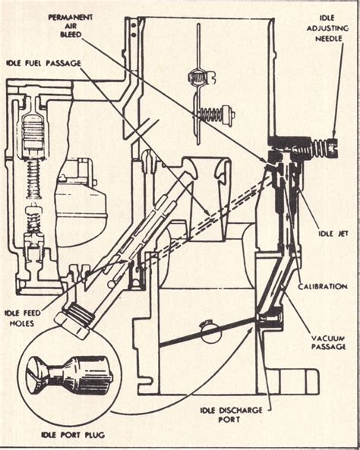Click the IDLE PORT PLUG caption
(53, 435)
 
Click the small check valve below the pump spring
(33, 219)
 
